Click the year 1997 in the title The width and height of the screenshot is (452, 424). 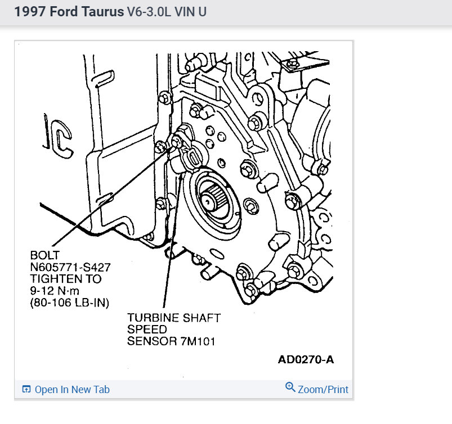pyautogui.click(x=28, y=12)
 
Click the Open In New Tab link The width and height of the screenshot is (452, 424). pyautogui.click(x=72, y=389)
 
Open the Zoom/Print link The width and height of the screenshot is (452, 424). pyautogui.click(x=323, y=389)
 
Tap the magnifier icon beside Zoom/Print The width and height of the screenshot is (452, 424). pyautogui.click(x=290, y=387)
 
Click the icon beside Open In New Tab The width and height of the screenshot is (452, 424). pyautogui.click(x=26, y=389)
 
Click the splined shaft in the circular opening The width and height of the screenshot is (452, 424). pyautogui.click(x=213, y=199)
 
